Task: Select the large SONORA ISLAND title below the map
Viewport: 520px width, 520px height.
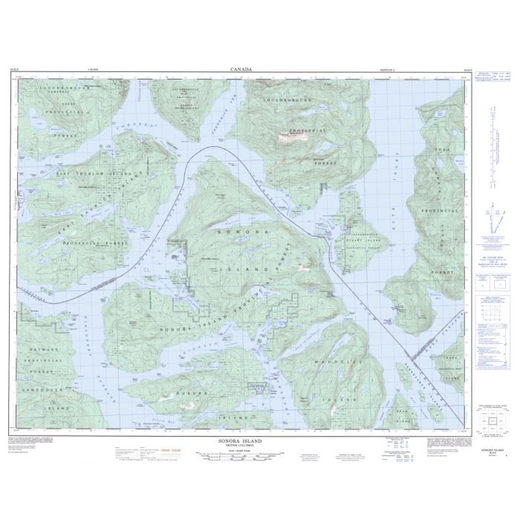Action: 241,441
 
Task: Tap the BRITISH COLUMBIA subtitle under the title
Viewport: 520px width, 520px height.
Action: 241,446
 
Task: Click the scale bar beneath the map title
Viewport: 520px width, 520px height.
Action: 241,461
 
